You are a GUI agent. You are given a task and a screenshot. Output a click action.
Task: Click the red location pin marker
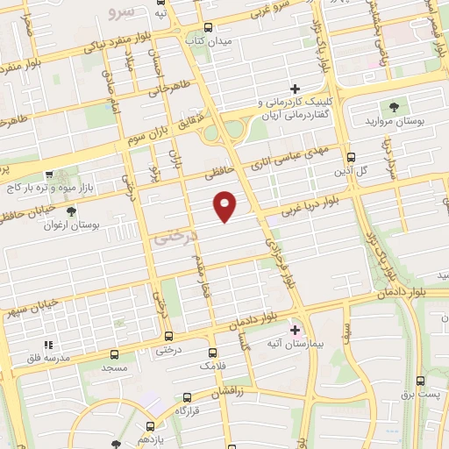point(226,206)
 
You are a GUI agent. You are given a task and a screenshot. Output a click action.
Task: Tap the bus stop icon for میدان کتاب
point(208,27)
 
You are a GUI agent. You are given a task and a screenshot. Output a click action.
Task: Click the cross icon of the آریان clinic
point(295,89)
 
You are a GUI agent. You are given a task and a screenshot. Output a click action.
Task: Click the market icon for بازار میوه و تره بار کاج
point(49,175)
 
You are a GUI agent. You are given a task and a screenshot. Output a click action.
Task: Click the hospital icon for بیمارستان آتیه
point(295,331)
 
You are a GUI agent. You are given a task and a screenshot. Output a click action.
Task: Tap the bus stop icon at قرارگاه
point(182,396)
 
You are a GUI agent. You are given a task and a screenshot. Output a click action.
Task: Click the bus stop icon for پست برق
point(420,381)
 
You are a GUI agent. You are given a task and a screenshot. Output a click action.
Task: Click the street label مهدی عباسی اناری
point(288,159)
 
